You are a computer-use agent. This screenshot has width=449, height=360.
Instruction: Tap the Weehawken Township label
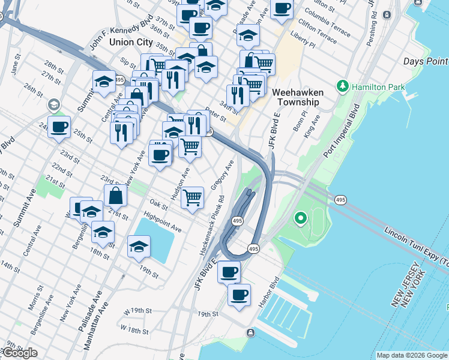298,97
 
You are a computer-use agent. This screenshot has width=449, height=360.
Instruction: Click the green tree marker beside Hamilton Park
343,86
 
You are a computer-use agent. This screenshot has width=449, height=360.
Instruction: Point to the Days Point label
426,61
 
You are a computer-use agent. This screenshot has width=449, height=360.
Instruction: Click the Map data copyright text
412,355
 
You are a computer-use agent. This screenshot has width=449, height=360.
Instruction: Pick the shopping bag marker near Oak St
115,195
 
